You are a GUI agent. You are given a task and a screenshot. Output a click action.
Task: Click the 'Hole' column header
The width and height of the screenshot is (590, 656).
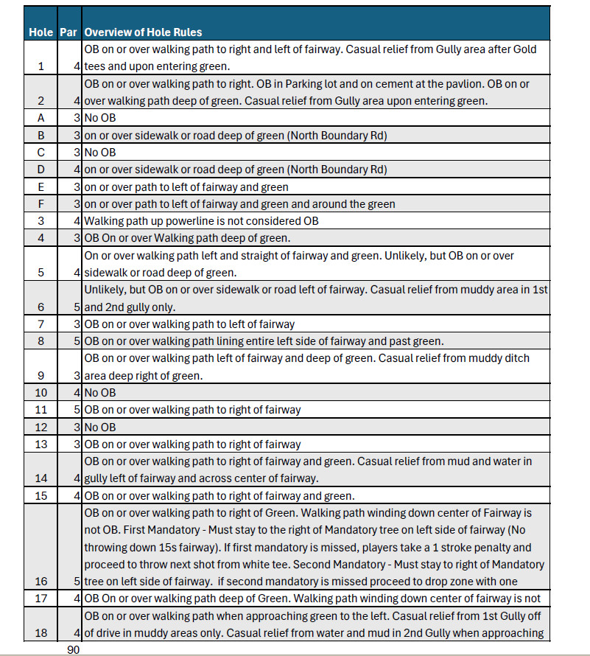click(x=41, y=32)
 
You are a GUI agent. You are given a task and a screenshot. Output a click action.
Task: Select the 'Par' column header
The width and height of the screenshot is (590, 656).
click(x=70, y=32)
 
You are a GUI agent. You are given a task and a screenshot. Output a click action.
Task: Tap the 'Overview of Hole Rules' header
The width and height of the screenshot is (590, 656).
click(x=144, y=32)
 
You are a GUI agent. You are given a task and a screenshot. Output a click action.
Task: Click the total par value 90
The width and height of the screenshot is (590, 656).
click(x=74, y=649)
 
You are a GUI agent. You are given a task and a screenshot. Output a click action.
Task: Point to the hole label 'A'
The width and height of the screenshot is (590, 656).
click(x=41, y=117)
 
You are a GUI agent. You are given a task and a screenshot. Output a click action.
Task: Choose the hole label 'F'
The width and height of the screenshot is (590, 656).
click(x=41, y=203)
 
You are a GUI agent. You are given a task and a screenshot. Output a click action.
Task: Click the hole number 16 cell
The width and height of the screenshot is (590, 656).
click(x=41, y=563)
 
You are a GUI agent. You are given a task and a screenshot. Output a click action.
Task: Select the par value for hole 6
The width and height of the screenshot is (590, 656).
click(x=77, y=307)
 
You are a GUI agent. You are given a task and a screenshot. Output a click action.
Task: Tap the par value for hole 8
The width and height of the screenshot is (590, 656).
click(x=77, y=341)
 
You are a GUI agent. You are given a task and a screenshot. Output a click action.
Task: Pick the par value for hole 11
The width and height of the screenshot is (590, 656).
click(x=77, y=410)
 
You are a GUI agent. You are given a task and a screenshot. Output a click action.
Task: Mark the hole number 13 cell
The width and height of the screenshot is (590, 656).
click(x=41, y=444)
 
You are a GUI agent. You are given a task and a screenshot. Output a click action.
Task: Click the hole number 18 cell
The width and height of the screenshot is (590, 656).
click(x=41, y=632)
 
